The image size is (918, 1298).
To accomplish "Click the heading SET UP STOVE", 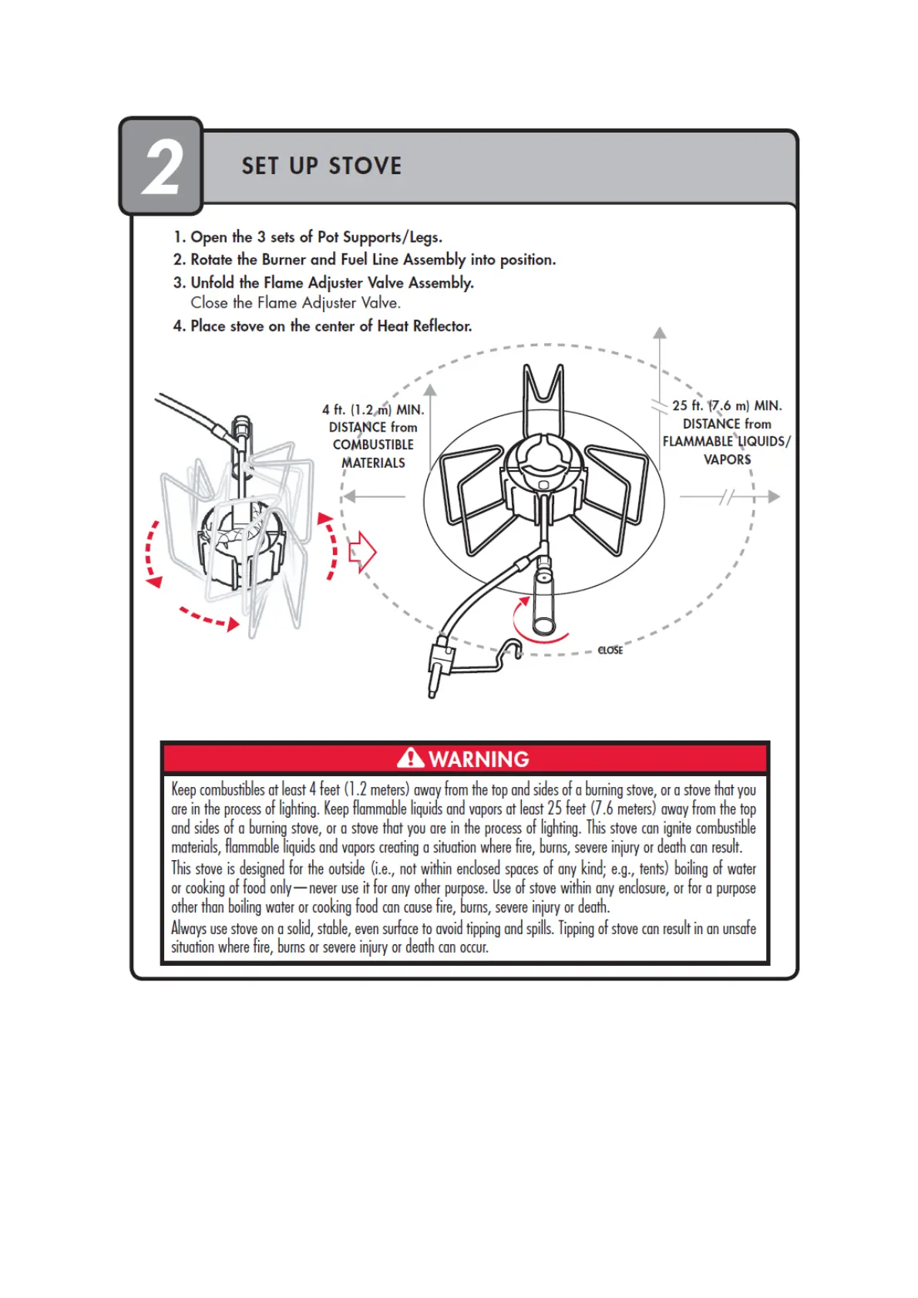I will [321, 166].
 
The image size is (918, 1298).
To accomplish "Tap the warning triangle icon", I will [411, 758].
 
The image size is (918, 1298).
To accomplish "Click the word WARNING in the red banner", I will [479, 759].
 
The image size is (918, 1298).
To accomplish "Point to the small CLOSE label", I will [610, 651].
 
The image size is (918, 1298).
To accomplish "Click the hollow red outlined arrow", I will [362, 552].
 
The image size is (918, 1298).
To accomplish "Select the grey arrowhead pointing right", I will [774, 497].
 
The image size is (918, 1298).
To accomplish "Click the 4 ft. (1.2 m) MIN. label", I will [373, 410].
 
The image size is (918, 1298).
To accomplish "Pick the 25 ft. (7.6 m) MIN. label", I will [727, 405].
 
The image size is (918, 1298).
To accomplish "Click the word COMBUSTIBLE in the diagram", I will [373, 445].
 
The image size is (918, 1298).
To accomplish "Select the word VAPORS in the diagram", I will [727, 459].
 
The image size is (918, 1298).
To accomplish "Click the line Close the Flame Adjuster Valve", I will [295, 303].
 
